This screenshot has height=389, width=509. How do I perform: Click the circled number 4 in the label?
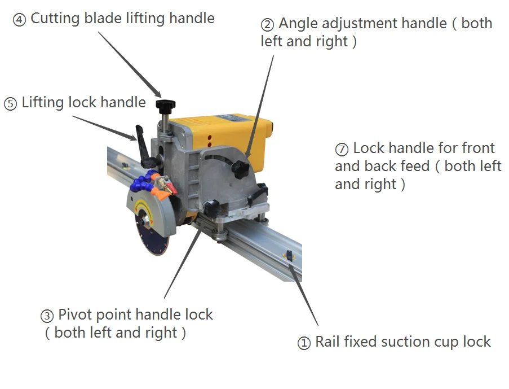[x=19, y=20]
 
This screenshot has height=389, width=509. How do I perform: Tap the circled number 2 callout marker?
[x=267, y=25]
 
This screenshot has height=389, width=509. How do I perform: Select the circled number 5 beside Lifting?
[x=10, y=104]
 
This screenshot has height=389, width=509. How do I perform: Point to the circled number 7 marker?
[x=342, y=150]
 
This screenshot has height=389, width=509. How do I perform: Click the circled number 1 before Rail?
[x=304, y=343]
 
